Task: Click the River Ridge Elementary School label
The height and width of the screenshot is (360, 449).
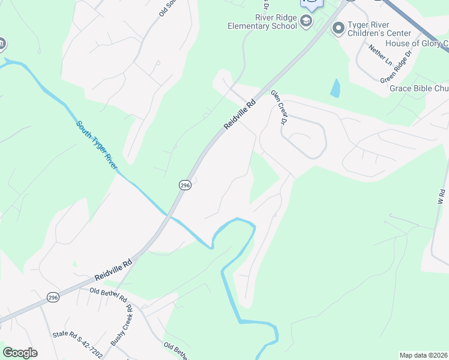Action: pyautogui.click(x=262, y=22)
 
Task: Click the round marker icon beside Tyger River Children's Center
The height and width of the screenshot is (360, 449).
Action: pyautogui.click(x=337, y=28)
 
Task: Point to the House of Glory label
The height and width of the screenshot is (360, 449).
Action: pyautogui.click(x=417, y=43)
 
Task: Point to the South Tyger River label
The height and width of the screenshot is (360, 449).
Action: pyautogui.click(x=96, y=145)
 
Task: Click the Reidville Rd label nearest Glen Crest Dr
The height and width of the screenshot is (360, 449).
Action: pyautogui.click(x=240, y=114)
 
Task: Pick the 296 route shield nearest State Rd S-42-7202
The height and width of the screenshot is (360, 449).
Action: pyautogui.click(x=53, y=298)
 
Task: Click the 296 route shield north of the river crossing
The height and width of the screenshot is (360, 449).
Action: pyautogui.click(x=185, y=186)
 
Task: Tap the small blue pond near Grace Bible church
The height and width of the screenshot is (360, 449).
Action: pyautogui.click(x=334, y=89)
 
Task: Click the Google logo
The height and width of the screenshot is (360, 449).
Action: pyautogui.click(x=20, y=353)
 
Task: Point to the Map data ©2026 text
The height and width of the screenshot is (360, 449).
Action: pyautogui.click(x=423, y=355)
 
